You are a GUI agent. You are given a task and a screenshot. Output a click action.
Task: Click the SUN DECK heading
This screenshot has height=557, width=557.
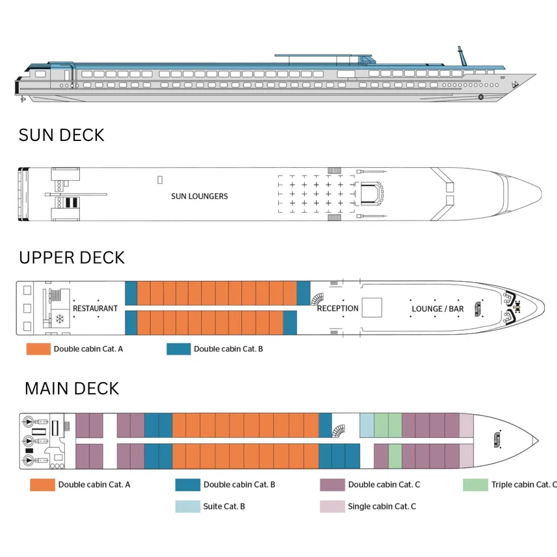61,135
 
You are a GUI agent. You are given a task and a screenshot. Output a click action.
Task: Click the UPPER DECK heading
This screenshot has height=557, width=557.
71,258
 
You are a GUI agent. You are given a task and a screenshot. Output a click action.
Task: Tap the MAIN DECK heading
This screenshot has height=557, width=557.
71,389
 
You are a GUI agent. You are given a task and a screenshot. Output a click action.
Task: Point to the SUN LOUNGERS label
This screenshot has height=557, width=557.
200,196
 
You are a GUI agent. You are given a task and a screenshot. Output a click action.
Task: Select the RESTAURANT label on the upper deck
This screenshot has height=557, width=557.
95,308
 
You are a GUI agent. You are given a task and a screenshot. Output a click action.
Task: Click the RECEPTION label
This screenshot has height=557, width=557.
337,308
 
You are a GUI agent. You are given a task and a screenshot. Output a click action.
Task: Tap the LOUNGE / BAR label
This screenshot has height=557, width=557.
437,308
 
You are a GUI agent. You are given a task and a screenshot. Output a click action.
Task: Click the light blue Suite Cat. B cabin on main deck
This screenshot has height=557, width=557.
367,424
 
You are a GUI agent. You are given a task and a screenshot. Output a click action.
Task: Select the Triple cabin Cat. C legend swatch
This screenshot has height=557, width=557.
475,485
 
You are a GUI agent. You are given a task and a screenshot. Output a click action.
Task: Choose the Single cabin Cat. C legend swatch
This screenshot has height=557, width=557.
331,506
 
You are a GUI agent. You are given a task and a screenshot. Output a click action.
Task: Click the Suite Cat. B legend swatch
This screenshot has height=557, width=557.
187,506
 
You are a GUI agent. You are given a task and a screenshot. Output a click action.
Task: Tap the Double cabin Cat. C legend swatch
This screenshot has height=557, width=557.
331,485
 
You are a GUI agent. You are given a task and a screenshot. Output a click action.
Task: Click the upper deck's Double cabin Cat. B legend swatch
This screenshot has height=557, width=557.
178,349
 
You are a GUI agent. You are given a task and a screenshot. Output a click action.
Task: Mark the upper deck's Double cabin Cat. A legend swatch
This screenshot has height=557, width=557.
38,349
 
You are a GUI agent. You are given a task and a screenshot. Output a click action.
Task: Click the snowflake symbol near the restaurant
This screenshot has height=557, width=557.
60,320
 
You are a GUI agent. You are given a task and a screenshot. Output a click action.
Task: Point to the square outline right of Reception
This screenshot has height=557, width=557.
371,307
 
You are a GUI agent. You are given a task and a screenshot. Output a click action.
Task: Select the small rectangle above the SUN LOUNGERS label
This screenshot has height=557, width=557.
160,179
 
